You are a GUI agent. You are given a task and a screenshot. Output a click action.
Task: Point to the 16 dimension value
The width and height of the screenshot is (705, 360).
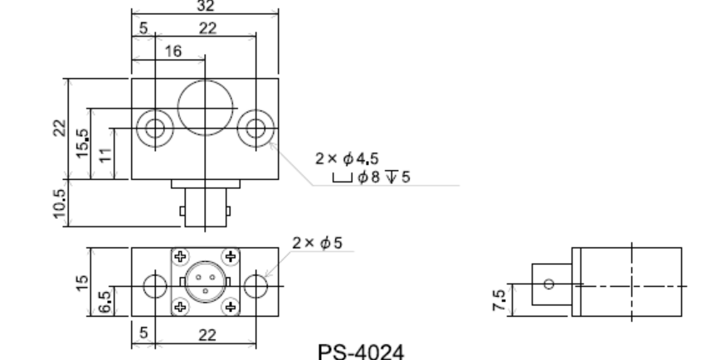(173, 51)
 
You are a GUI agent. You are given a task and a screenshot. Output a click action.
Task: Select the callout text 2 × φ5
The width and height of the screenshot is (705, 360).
(318, 243)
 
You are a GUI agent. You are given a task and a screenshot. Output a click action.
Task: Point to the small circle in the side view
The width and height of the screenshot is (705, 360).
(548, 283)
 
